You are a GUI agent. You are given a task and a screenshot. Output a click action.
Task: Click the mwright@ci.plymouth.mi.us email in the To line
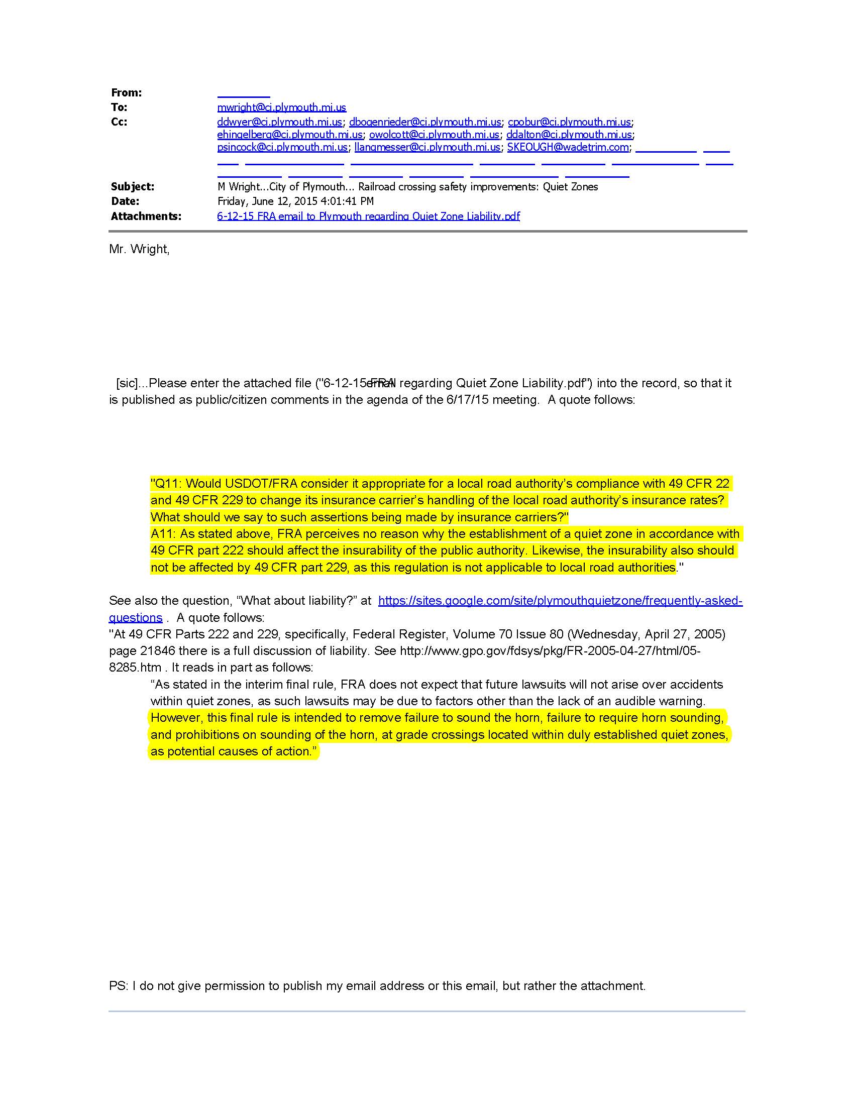pos(281,107)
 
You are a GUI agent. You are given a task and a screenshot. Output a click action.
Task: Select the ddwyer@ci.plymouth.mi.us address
pos(279,122)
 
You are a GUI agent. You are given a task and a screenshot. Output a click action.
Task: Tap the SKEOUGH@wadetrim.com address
pos(568,147)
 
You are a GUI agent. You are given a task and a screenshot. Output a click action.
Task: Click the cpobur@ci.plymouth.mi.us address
pos(569,122)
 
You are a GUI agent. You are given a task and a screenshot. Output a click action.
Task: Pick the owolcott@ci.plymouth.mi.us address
pos(434,135)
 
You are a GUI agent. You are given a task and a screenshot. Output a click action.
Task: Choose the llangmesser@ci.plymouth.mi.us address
pos(427,147)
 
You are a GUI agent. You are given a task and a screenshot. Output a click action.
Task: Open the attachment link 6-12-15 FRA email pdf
pos(368,216)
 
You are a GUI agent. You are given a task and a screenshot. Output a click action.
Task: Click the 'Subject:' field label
pos(133,187)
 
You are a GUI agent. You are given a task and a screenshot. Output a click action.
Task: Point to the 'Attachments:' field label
pos(146,216)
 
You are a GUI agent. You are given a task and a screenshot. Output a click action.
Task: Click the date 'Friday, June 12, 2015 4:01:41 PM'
pos(295,201)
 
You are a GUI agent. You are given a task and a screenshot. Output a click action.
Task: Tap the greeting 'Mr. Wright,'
pos(139,250)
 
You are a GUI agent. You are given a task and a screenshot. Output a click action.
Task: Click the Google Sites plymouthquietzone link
pos(560,601)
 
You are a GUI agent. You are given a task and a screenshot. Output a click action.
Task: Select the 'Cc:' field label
pos(119,122)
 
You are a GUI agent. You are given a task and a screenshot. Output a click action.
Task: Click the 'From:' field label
pos(127,92)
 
